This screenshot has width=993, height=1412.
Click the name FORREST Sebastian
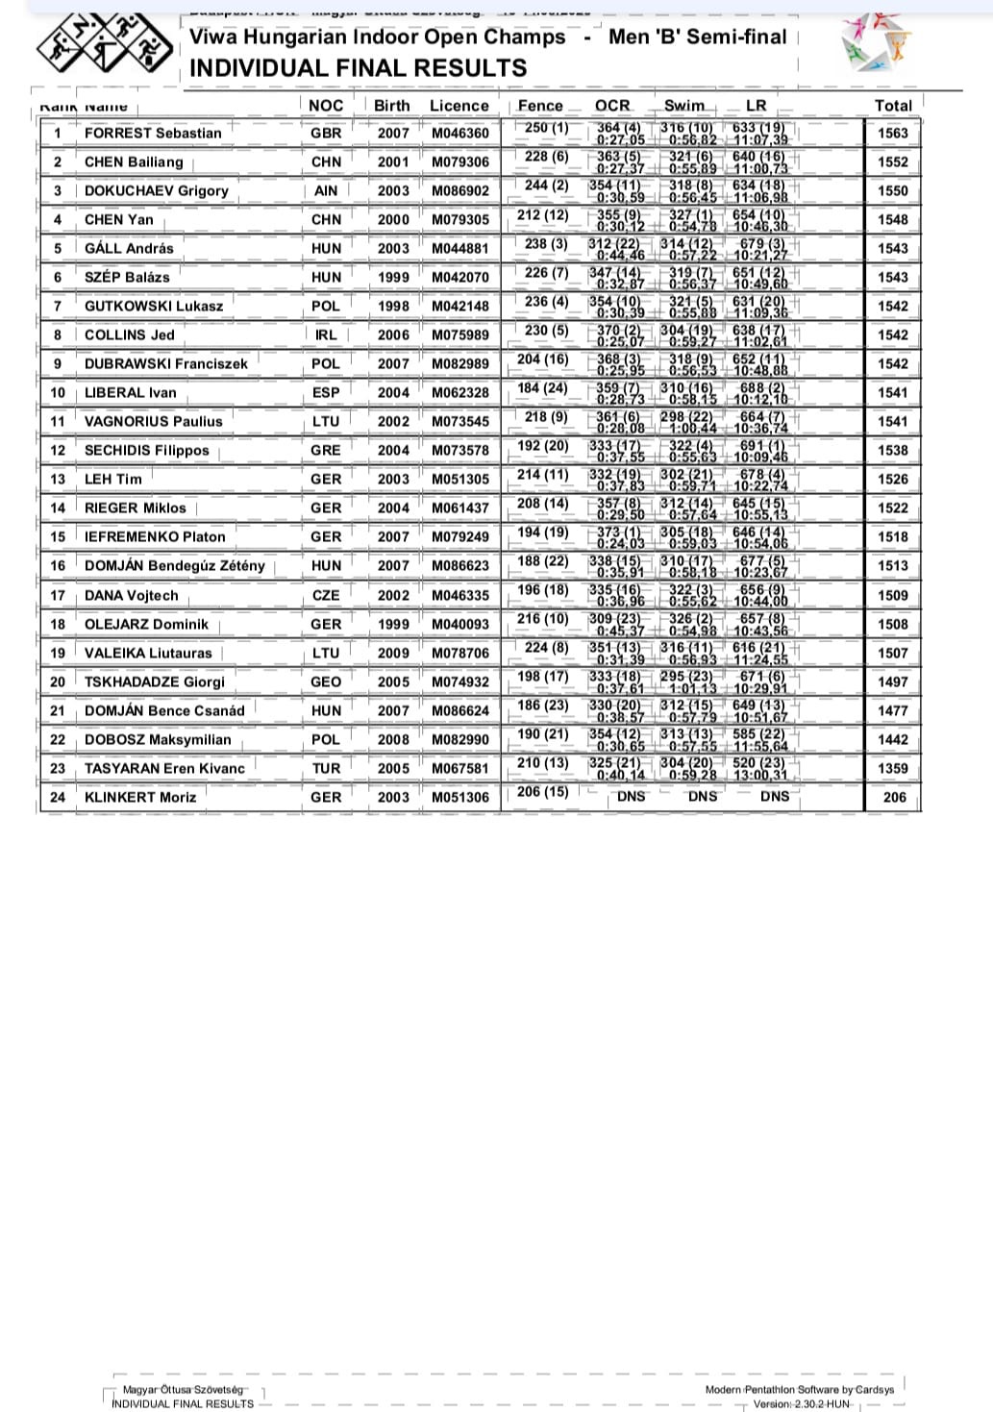click(153, 133)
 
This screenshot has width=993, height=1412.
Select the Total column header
click(892, 106)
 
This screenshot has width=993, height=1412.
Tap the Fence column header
click(540, 106)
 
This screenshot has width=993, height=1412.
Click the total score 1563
click(892, 133)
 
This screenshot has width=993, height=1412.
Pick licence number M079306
click(459, 161)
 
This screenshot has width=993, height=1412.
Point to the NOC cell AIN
click(326, 190)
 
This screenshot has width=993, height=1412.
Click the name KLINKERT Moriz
click(140, 797)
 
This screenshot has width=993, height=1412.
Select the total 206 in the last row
click(894, 797)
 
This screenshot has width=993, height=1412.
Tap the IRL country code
click(326, 334)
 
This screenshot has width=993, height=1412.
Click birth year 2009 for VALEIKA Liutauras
click(393, 653)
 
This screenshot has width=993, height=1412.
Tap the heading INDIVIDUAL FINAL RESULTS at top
click(359, 68)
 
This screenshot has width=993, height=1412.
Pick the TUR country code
click(326, 768)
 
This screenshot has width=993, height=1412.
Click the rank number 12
click(58, 450)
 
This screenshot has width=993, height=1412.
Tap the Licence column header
click(459, 106)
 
